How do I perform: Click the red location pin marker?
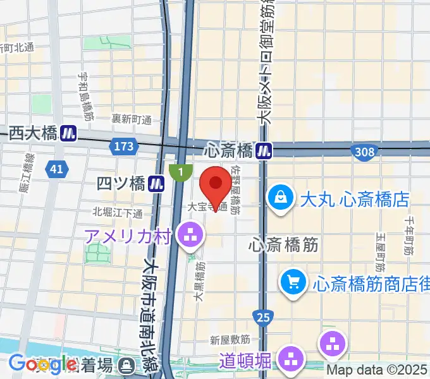[x=216, y=184]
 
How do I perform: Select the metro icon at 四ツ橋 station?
[x=157, y=184]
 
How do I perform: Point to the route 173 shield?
[x=124, y=147]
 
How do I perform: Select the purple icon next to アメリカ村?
[x=190, y=237]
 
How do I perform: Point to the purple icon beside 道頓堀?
[x=292, y=361]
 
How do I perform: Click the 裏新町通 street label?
[x=132, y=119]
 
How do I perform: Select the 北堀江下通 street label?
[x=118, y=212]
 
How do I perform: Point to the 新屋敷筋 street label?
[x=230, y=340]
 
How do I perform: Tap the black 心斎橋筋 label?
[x=283, y=243]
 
